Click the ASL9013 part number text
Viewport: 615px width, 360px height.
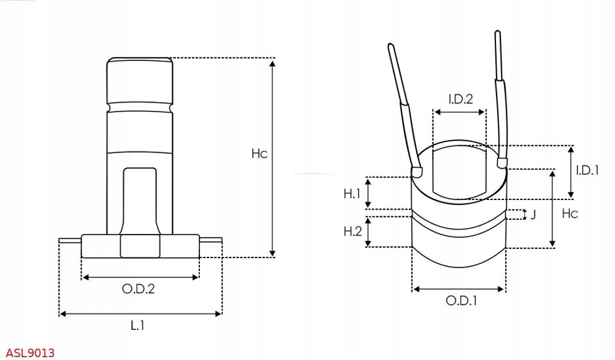(x=31, y=353)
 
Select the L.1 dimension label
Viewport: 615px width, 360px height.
(x=137, y=326)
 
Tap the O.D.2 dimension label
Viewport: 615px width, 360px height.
(x=138, y=289)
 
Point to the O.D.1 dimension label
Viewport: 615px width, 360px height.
(x=461, y=301)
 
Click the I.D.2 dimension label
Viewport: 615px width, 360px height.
(x=460, y=99)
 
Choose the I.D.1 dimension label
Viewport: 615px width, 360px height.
(x=587, y=170)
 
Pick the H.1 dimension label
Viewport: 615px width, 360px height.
(x=352, y=194)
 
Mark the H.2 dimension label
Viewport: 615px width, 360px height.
(x=352, y=231)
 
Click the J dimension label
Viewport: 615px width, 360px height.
(x=533, y=215)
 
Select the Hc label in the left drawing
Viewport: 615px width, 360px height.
(x=259, y=153)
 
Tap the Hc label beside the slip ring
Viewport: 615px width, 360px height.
(x=569, y=214)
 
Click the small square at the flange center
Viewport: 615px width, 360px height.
(x=140, y=246)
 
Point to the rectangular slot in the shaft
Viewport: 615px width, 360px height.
(x=140, y=199)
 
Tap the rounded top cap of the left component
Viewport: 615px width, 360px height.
(x=140, y=80)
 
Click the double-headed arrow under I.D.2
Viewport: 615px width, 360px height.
(x=460, y=112)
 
